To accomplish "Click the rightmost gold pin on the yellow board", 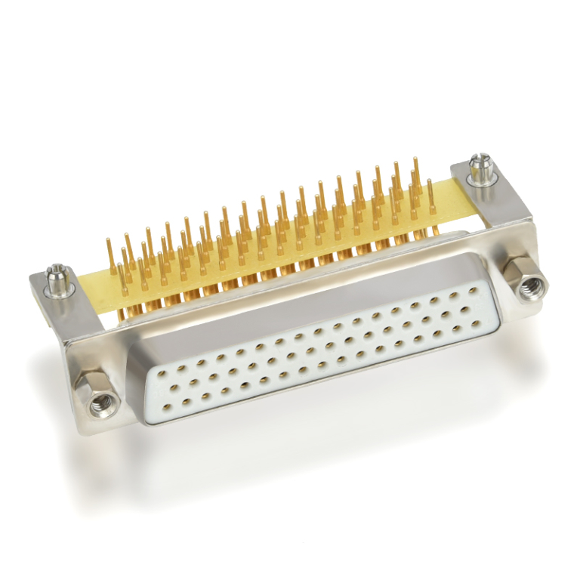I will pyautogui.click(x=430, y=195).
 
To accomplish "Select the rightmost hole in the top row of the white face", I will pyautogui.click(x=473, y=290).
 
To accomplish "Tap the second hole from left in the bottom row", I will pyautogui.click(x=186, y=403).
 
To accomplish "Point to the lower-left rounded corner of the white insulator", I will pyautogui.click(x=151, y=418).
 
